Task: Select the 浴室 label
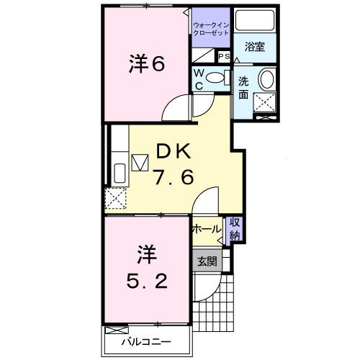(254, 48)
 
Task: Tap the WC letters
(199, 78)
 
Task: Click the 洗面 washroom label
(243, 87)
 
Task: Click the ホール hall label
(207, 229)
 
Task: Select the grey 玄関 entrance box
(207, 261)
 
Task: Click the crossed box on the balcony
(115, 329)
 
